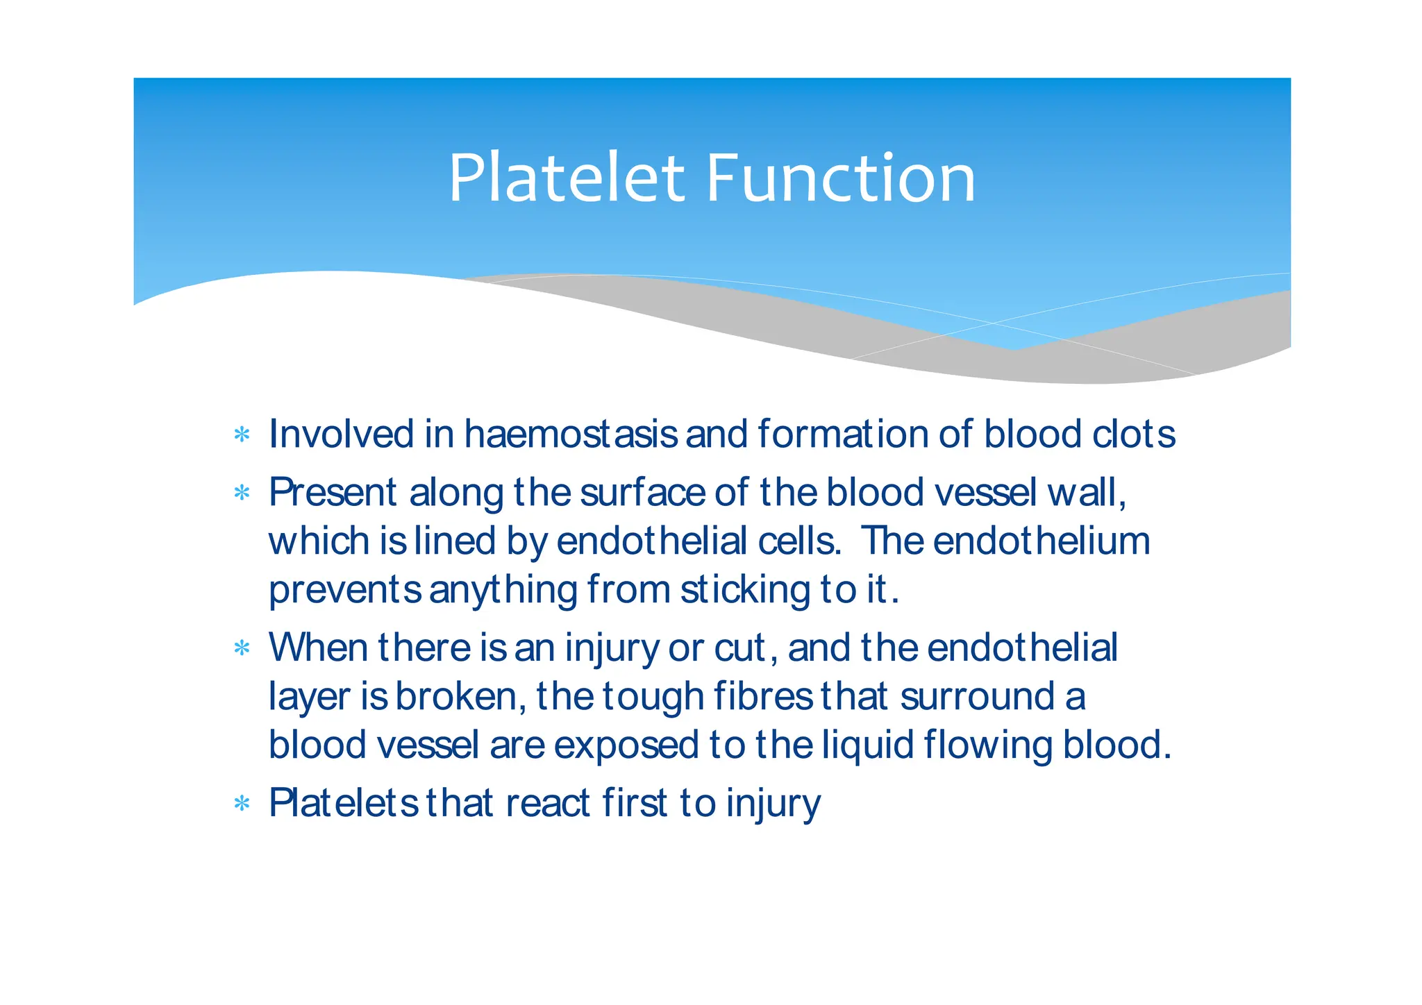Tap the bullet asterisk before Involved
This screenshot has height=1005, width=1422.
tap(242, 435)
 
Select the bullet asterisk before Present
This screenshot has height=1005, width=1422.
tap(242, 493)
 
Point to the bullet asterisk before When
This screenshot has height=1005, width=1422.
tap(242, 649)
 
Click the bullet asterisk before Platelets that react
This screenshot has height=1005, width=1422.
tap(242, 804)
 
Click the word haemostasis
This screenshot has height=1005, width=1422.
tap(570, 434)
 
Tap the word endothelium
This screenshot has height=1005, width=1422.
tap(1042, 541)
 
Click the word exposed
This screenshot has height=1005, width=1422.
tap(626, 745)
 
